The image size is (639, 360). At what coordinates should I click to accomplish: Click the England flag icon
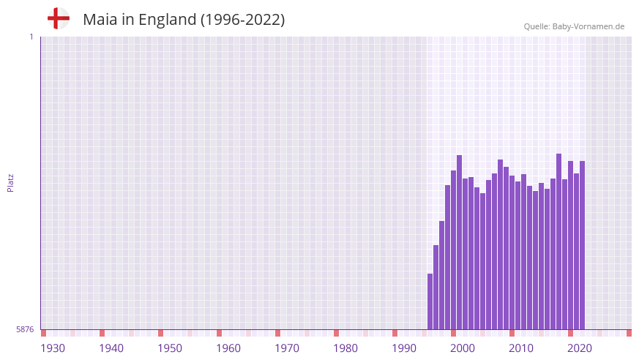(58, 19)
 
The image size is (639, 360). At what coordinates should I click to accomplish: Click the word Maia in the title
(100, 20)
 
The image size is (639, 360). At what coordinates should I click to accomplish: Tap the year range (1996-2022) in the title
(242, 20)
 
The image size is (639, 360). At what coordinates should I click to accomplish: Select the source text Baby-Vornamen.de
(588, 26)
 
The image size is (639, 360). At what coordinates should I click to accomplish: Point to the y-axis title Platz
(10, 183)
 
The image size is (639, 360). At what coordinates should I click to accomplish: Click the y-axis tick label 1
(31, 37)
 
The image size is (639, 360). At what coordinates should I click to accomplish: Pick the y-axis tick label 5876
(25, 330)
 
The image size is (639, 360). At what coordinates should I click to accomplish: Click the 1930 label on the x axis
(53, 348)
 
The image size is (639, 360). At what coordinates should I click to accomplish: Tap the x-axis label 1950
(170, 348)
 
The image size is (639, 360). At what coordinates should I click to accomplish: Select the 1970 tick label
(287, 348)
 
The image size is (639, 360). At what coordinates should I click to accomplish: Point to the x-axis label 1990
(404, 348)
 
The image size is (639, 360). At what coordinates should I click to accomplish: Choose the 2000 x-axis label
(463, 348)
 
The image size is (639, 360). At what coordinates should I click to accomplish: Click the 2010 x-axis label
(521, 348)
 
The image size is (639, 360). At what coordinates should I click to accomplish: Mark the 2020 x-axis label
(580, 348)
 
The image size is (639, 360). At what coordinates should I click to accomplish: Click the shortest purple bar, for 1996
(430, 301)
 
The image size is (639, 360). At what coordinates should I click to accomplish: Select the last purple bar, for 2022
(582, 245)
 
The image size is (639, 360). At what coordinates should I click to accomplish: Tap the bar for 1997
(436, 287)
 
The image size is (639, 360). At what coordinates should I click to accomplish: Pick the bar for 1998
(442, 275)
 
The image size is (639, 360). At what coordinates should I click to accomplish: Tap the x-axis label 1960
(228, 348)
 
